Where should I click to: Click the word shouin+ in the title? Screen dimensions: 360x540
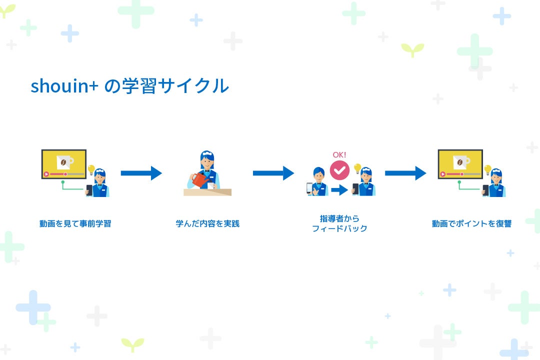point(64,86)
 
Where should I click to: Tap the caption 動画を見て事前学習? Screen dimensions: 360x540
point(75,224)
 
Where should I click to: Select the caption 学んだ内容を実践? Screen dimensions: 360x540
point(207,224)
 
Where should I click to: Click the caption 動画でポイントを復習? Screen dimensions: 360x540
point(471,224)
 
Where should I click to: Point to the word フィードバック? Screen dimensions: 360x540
point(339,229)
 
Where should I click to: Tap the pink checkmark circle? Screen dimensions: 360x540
point(339,170)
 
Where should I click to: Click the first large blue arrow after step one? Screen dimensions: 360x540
point(141,173)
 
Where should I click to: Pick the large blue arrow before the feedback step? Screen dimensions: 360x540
point(273,173)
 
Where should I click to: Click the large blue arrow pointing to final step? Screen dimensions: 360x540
point(405,173)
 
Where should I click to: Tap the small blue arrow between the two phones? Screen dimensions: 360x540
point(339,190)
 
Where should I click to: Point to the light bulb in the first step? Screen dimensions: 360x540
point(91,169)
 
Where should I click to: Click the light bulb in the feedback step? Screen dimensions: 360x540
point(357,168)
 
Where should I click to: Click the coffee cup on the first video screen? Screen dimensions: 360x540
point(64,161)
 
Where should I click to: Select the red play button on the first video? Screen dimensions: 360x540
point(46,174)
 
